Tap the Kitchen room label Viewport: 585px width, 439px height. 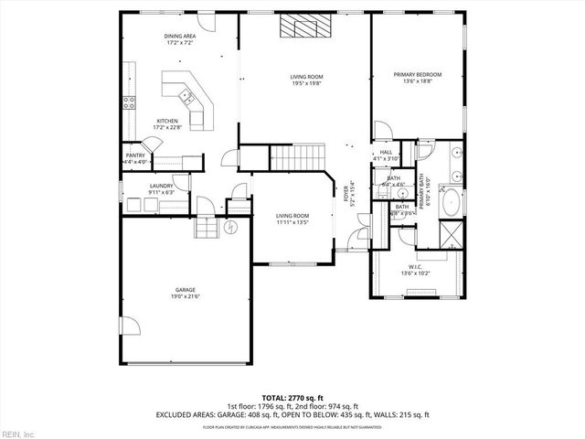pyautogui.click(x=167, y=122)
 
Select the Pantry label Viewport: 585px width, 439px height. pyautogui.click(x=135, y=156)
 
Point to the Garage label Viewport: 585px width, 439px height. pyautogui.click(x=185, y=291)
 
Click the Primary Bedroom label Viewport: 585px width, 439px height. pyautogui.click(x=417, y=74)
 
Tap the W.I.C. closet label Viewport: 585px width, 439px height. pyautogui.click(x=416, y=268)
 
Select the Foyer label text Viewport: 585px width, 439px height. pyautogui.click(x=346, y=194)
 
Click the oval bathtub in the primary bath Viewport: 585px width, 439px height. pyautogui.click(x=451, y=202)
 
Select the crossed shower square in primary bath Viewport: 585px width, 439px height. pyautogui.click(x=452, y=238)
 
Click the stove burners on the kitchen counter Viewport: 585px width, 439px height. pyautogui.click(x=130, y=102)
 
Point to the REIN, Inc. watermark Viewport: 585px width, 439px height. pyautogui.click(x=17, y=432)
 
